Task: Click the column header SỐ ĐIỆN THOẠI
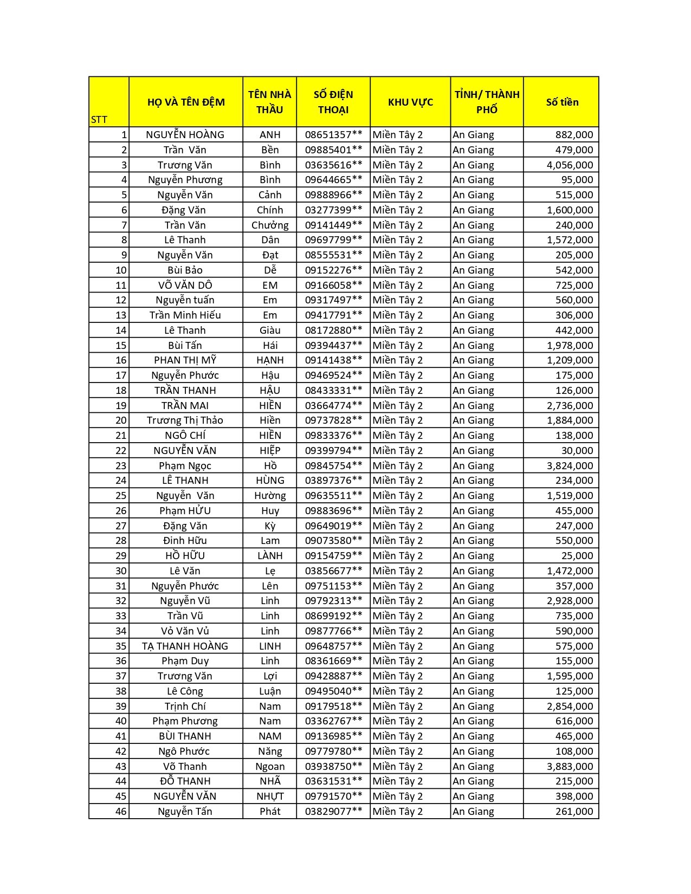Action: [x=333, y=102]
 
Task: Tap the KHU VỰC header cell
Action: [x=410, y=102]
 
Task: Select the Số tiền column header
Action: [x=562, y=102]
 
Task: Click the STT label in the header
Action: [x=99, y=120]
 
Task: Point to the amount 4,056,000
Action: [x=570, y=165]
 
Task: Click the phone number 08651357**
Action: [x=333, y=135]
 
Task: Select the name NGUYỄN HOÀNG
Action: [x=185, y=135]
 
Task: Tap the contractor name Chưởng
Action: [x=270, y=225]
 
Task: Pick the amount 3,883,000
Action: [x=570, y=766]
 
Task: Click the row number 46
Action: [x=121, y=811]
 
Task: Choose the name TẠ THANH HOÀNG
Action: [x=185, y=646]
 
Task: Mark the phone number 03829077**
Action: [x=333, y=811]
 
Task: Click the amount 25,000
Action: [x=577, y=555]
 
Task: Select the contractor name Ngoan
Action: [x=270, y=766]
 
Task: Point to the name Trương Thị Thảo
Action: [x=185, y=420]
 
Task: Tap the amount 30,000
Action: [x=577, y=450]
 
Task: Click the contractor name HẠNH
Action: [x=270, y=360]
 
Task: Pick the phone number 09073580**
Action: [x=333, y=540]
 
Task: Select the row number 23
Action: [x=121, y=465]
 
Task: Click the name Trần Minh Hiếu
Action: [x=185, y=315]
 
